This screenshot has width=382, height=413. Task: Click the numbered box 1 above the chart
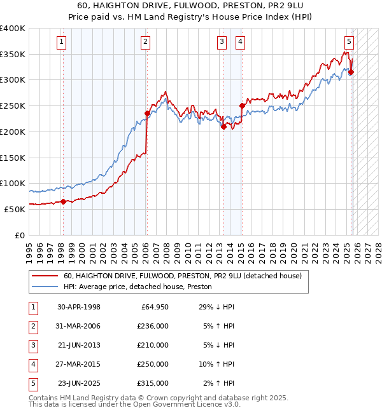[62, 42]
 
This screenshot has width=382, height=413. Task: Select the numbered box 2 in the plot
[146, 42]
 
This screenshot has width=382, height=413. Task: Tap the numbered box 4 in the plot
[241, 42]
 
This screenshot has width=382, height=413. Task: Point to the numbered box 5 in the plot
[350, 42]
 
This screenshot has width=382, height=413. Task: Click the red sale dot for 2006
[147, 113]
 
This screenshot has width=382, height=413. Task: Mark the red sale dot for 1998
[63, 201]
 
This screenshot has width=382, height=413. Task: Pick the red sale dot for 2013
[223, 126]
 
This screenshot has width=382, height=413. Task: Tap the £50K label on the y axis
[15, 209]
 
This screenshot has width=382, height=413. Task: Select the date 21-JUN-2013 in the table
[79, 345]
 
